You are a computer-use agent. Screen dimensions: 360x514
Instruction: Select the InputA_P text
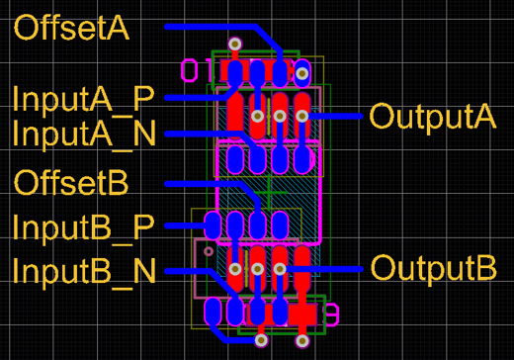click(83, 98)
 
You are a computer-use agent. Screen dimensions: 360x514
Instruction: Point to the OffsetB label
click(85, 184)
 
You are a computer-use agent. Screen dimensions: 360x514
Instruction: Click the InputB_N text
click(84, 270)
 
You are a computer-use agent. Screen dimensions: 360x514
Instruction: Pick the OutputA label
click(432, 116)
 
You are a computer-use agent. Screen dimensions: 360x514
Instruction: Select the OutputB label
click(432, 268)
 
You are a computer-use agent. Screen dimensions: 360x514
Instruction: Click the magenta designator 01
click(196, 70)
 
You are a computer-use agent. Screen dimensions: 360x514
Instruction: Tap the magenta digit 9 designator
click(331, 315)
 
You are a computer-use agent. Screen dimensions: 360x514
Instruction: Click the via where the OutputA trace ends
click(301, 117)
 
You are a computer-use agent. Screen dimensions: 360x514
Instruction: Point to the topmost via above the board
click(235, 44)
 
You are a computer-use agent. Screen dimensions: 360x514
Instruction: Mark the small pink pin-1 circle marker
click(208, 252)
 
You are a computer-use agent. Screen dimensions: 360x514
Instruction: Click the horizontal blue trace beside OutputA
click(336, 116)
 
